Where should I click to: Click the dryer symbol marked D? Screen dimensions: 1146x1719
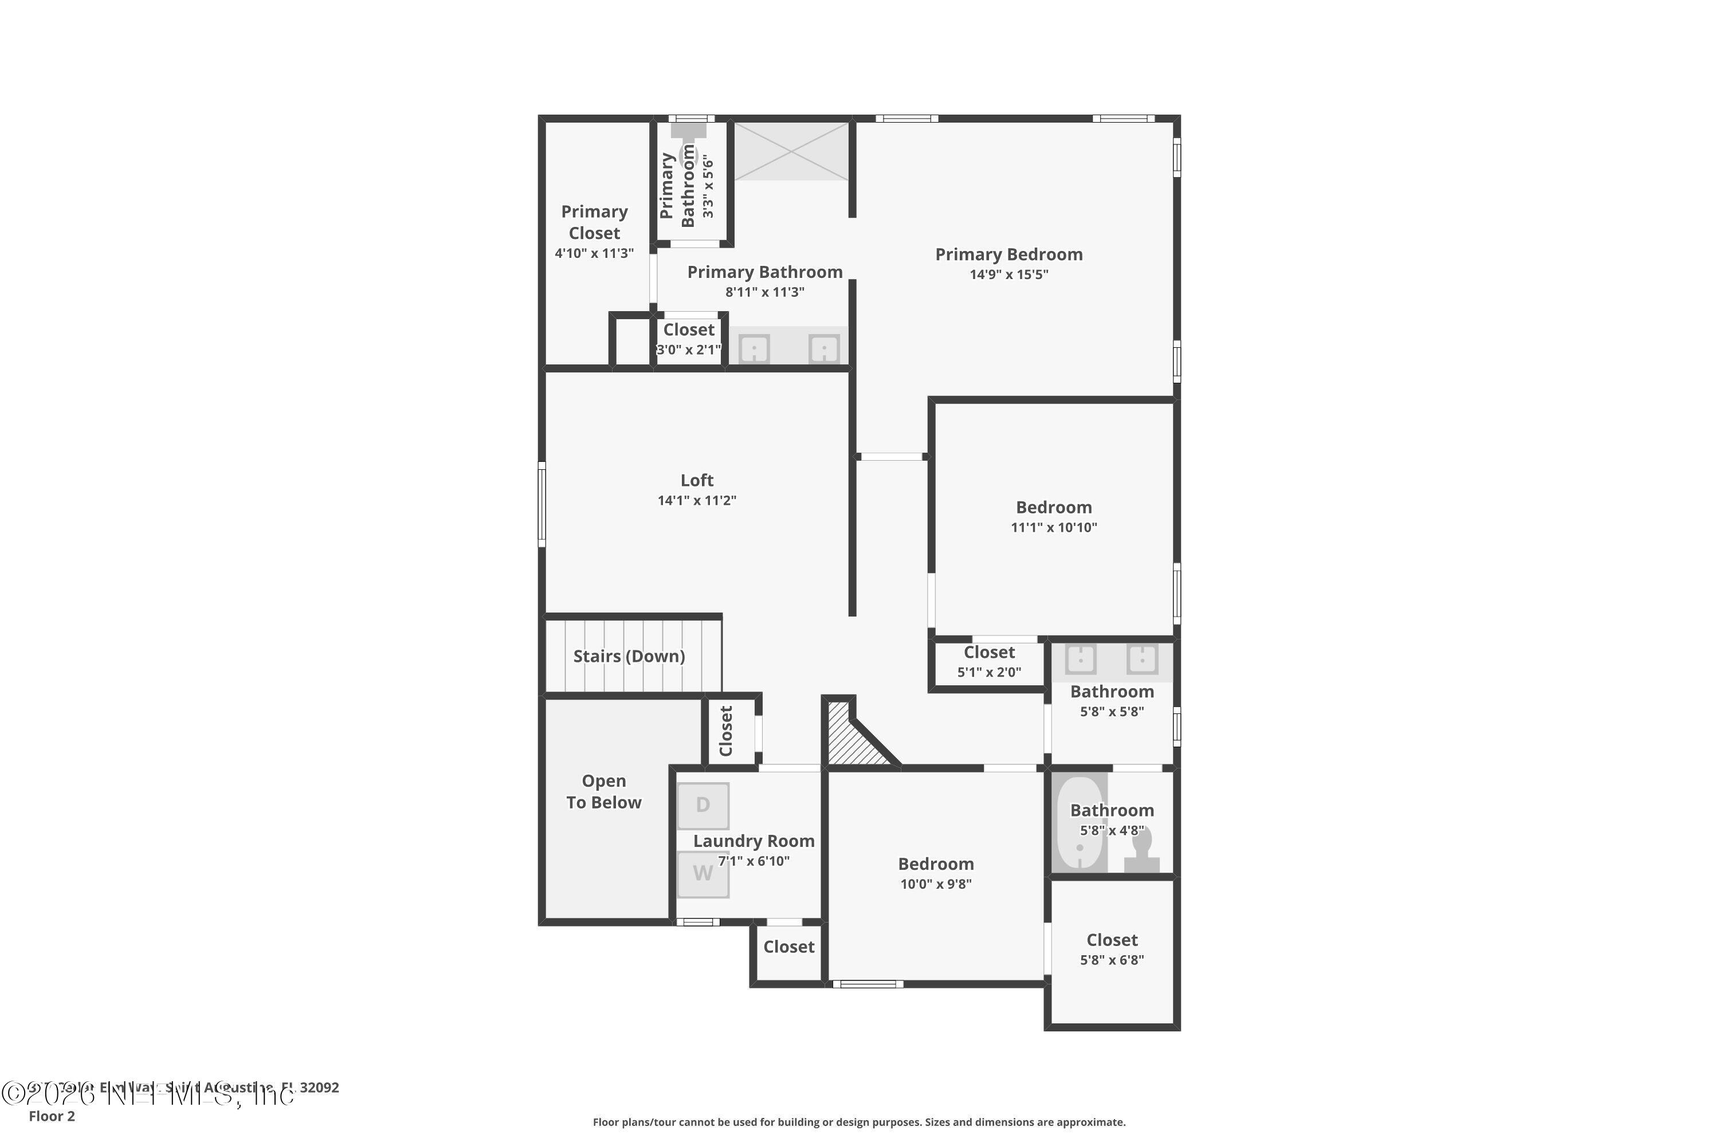point(702,806)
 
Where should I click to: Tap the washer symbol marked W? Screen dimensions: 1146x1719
point(702,873)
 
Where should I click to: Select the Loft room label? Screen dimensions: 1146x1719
point(697,480)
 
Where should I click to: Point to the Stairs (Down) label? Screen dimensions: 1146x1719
point(629,656)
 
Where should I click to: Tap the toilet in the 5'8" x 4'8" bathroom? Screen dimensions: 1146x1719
point(1141,851)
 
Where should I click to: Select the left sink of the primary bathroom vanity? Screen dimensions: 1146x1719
point(754,348)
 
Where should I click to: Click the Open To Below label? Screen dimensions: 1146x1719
point(604,791)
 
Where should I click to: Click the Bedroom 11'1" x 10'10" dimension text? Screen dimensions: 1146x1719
point(1053,528)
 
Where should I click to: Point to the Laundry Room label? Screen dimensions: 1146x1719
point(753,841)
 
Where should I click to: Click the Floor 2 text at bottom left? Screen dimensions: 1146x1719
point(52,1116)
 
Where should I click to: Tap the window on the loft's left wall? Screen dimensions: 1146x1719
point(541,504)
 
